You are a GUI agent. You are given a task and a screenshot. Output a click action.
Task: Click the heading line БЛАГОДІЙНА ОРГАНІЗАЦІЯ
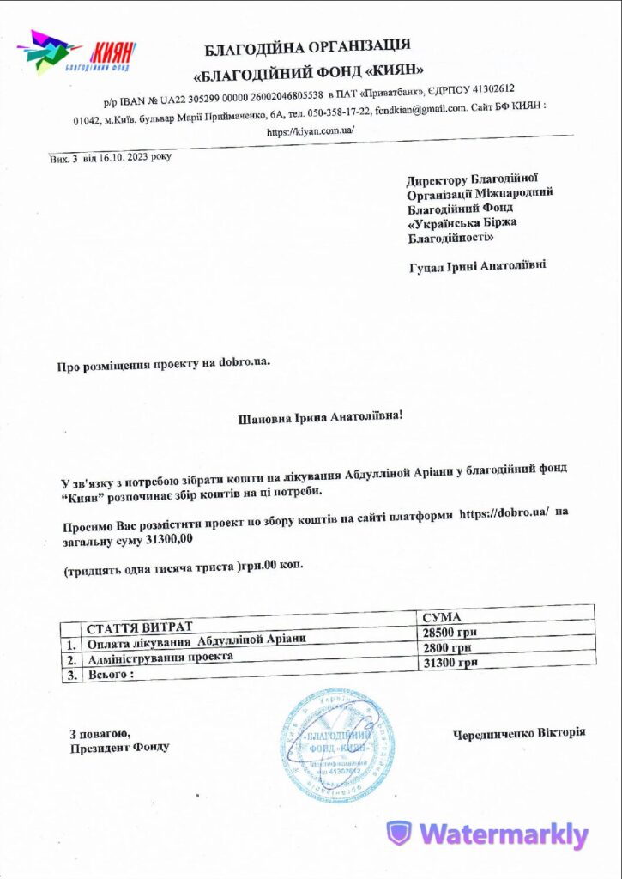pos(307,45)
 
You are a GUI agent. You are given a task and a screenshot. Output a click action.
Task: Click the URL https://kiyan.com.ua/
pos(310,131)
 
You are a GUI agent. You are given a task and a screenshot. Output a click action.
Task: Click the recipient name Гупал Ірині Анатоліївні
pos(476,266)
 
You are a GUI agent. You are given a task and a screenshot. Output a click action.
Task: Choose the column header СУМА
pos(443,617)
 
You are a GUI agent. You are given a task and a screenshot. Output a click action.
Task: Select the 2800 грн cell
pos(447,648)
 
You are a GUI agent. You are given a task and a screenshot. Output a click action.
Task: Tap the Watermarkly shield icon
pos(399,833)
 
